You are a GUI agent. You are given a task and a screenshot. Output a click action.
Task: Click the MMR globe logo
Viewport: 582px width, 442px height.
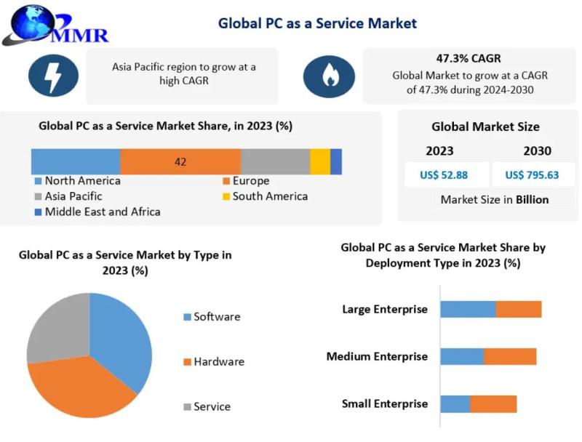56,25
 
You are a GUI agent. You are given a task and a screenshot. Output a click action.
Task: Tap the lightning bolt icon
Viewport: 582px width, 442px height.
53,76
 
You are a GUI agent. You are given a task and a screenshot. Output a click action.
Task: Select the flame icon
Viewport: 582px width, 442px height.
329,76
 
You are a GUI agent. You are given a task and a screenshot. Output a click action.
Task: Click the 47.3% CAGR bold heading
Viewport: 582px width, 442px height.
469,58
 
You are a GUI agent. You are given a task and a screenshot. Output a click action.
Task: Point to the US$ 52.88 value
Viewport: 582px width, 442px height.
444,174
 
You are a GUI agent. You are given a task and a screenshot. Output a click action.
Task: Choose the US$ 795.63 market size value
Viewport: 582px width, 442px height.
532,174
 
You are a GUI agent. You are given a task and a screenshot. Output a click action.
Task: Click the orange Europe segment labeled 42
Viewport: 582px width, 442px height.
180,161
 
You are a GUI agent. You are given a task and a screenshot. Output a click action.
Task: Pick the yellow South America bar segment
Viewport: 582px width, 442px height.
320,161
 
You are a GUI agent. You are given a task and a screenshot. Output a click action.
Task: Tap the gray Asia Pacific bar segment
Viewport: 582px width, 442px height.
276,161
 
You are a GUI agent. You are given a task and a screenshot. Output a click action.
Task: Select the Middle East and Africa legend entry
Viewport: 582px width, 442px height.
97,212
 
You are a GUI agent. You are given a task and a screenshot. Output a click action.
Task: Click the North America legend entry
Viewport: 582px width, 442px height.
78,180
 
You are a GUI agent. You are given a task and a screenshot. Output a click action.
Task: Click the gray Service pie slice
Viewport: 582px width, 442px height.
60,330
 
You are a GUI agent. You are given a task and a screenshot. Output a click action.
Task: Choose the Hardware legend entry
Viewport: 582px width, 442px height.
214,361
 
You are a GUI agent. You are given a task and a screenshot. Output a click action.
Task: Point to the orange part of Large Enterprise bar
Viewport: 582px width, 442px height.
519,309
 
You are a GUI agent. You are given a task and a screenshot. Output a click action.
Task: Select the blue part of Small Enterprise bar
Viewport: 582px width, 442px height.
455,403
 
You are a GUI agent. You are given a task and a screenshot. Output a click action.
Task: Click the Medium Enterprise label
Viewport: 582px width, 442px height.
377,356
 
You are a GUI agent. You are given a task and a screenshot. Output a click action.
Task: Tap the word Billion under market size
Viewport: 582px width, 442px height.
533,199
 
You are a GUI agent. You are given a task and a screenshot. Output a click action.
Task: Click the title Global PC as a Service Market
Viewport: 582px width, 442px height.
317,23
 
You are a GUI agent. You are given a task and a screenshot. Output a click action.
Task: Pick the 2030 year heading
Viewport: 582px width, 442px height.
537,150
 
